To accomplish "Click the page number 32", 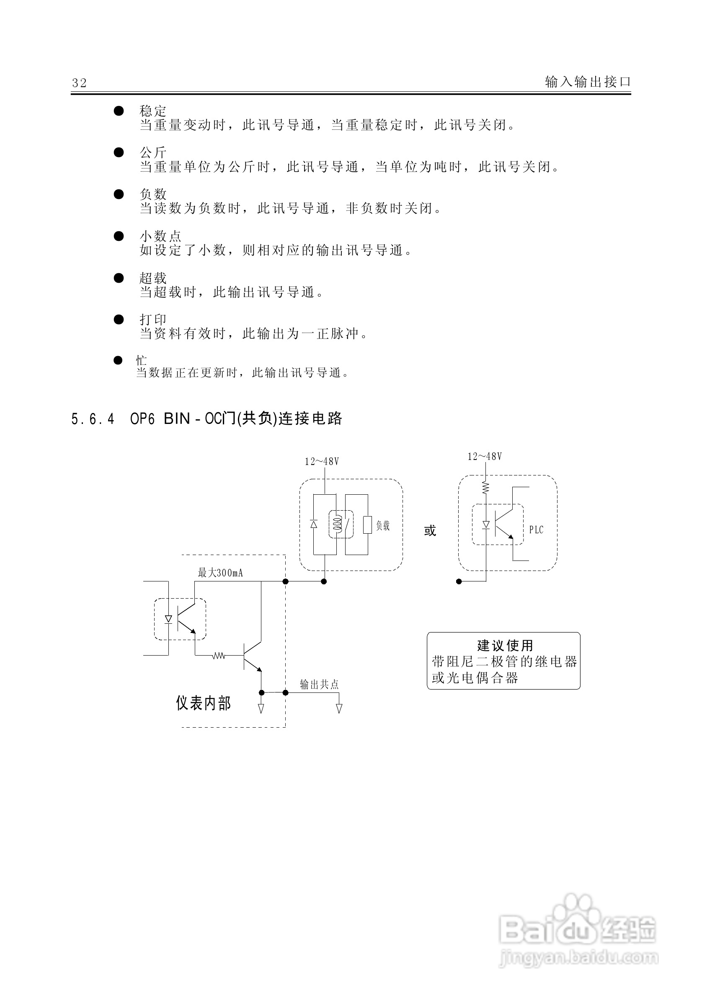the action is point(80,83).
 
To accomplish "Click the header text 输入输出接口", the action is point(587,82).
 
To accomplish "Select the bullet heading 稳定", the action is point(153,111).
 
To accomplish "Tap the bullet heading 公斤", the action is point(153,153).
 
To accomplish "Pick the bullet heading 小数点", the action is point(160,236).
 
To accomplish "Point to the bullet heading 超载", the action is point(153,278).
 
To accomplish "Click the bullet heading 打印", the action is point(153,320).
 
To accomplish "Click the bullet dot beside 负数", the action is point(119,194).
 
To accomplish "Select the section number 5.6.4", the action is point(93,419).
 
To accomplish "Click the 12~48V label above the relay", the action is point(322,462).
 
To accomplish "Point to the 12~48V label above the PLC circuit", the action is point(485,456).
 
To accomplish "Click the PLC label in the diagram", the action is point(536,530).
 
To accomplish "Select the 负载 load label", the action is point(383,526).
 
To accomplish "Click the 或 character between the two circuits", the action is point(430,531).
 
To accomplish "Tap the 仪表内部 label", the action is point(203,703).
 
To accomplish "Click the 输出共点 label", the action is point(319,684).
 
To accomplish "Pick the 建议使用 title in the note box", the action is point(505,646).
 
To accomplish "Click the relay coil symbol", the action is point(337,524).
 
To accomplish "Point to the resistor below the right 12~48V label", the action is point(486,487).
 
